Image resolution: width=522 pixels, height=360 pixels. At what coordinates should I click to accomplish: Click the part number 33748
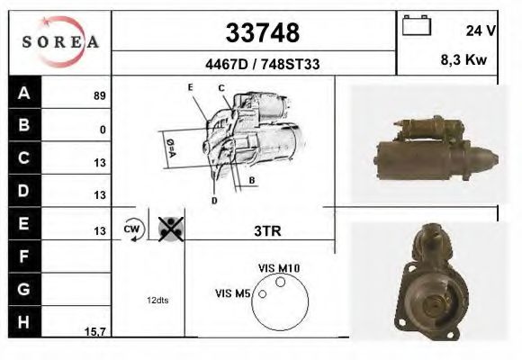coord(260,33)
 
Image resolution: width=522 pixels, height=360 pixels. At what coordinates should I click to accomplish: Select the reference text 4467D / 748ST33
coord(259,64)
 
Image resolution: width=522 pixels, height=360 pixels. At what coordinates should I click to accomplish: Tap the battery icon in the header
coord(416,26)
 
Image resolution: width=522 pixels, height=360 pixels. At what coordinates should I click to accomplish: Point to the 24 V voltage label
coord(481,31)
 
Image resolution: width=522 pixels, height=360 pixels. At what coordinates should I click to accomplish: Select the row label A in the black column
coord(23,94)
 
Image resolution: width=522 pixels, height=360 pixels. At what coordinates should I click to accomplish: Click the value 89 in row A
coord(99,95)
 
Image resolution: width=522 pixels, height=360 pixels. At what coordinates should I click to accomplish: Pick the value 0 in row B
coord(103,130)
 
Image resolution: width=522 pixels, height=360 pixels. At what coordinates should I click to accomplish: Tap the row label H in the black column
coord(23,320)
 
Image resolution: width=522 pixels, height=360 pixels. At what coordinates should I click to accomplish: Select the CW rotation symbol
coord(132,229)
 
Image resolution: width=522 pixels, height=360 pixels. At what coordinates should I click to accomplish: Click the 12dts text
coord(157,299)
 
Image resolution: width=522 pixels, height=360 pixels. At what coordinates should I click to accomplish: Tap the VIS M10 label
coord(278,268)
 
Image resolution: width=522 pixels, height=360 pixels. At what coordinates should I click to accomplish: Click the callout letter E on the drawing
coord(191,86)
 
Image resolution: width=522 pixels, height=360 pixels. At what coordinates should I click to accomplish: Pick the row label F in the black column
coord(23,256)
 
